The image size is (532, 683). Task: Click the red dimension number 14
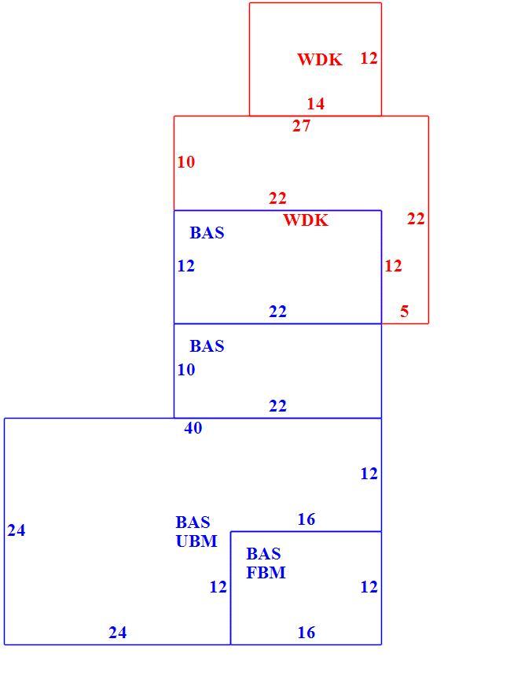315,104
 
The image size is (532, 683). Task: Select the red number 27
302,126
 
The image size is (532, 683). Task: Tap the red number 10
185,162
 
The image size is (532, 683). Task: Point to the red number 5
405,311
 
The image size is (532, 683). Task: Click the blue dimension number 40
193,428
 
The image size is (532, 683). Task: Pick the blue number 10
185,370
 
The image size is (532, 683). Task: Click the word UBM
196,541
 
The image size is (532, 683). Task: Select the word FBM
266,572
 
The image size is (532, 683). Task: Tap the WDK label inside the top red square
320,59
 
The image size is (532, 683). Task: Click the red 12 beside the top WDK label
369,58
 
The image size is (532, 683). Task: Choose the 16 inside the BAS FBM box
306,633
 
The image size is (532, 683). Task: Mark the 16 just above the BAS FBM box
306,519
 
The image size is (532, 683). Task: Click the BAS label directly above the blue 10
207,346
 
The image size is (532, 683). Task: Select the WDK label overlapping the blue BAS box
306,220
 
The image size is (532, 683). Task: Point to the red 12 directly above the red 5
393,266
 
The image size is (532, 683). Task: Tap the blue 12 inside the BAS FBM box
369,587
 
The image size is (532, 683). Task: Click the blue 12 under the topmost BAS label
185,266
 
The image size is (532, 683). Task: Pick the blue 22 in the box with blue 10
277,406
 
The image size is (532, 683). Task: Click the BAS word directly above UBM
193,522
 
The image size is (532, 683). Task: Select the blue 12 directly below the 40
369,474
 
